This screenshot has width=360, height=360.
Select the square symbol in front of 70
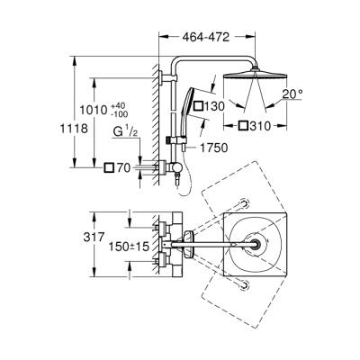click(x=109, y=167)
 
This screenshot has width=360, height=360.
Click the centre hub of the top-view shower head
click(x=256, y=244)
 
